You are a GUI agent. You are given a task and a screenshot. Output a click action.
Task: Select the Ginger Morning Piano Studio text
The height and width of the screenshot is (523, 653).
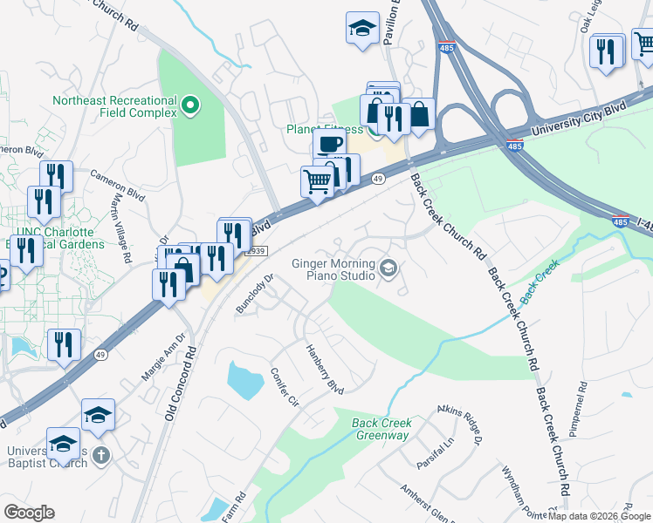(x=333, y=269)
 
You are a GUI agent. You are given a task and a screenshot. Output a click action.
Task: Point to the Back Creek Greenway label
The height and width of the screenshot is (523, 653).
(x=381, y=429)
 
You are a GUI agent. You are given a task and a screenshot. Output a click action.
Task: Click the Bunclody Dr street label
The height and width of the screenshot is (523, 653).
(x=255, y=295)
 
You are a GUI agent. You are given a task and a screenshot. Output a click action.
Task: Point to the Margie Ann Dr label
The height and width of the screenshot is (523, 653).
(x=164, y=357)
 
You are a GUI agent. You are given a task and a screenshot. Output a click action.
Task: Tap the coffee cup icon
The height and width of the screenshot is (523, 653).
(x=328, y=143)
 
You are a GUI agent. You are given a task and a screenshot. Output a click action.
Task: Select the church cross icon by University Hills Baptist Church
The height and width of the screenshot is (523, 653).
(x=101, y=455)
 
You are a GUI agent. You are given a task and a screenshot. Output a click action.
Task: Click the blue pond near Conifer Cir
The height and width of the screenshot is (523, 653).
(x=244, y=379)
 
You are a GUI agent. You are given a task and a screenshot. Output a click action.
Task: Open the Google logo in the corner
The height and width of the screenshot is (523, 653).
(x=29, y=513)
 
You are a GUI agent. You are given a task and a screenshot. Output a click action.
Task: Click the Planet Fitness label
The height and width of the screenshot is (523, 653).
(x=325, y=130)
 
